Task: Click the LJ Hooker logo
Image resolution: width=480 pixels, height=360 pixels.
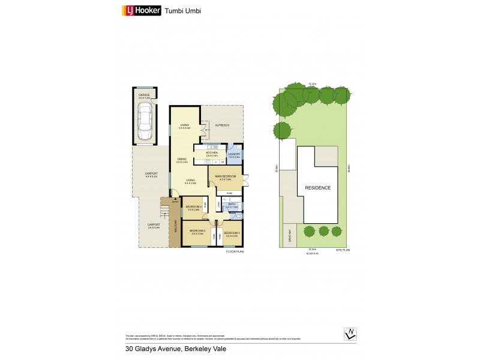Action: (x=142, y=10)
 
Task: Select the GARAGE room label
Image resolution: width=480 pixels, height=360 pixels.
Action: (x=144, y=95)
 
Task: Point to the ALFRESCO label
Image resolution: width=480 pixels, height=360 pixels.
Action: (x=223, y=124)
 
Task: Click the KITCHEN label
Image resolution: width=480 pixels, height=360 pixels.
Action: (x=212, y=153)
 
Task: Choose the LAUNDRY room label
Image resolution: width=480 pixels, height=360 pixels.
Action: (x=235, y=154)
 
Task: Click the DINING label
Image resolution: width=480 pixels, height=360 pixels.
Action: (x=182, y=160)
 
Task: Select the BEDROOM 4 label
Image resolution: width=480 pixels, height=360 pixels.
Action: (x=193, y=207)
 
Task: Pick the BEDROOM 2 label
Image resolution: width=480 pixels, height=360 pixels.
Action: (x=197, y=231)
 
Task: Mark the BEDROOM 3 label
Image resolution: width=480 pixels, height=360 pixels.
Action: (x=232, y=232)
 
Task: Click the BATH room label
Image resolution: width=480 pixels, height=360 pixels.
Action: (x=232, y=205)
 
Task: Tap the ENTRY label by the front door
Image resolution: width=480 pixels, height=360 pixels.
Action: (x=175, y=202)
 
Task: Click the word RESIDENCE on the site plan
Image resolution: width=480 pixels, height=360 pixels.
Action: (x=318, y=188)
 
